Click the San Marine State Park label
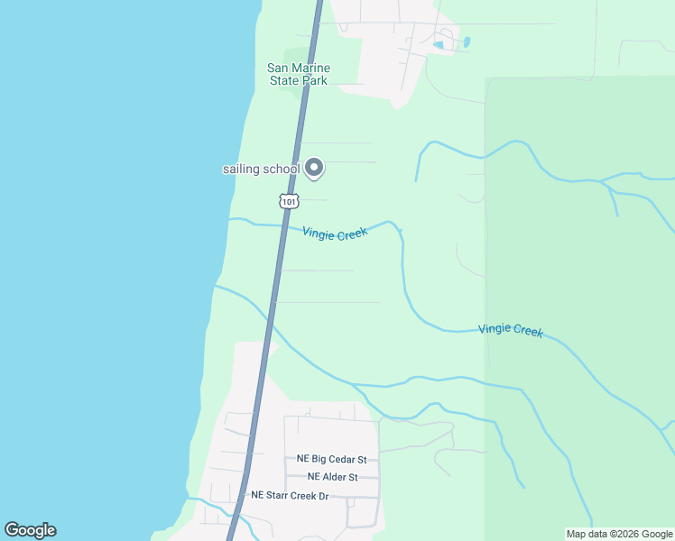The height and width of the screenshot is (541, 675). point(299,74)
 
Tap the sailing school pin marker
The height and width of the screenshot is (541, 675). point(314,167)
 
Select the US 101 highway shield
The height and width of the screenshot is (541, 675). point(288,202)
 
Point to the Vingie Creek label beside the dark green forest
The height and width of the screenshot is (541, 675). point(511,330)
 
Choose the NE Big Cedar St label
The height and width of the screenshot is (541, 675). point(337,459)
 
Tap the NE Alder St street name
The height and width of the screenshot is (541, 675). point(333,477)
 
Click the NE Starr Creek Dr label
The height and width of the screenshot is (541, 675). point(289,496)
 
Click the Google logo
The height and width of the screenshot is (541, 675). point(30,530)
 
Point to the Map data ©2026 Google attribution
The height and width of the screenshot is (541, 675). point(619,534)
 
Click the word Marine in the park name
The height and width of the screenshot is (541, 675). point(311,68)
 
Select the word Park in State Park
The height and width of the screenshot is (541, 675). point(314,80)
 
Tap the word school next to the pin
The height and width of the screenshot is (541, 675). point(282,170)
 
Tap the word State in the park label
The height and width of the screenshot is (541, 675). point(284,80)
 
